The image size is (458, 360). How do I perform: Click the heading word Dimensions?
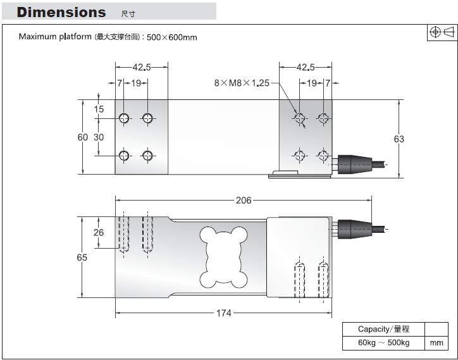tap(61, 13)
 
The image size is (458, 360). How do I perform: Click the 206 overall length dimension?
tap(243, 201)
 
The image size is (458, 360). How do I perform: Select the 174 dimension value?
tap(224, 313)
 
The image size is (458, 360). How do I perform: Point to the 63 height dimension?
tap(399, 139)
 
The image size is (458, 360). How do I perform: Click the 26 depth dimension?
tap(98, 233)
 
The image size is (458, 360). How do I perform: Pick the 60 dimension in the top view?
tap(82, 137)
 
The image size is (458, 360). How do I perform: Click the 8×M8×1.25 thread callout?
tap(242, 82)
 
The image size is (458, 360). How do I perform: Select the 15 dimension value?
tap(99, 109)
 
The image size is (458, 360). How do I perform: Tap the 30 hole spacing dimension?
tap(99, 137)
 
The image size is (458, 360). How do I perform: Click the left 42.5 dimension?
tap(141, 66)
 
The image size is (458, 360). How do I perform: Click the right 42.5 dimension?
tap(306, 66)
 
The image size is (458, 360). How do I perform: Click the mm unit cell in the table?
tap(436, 343)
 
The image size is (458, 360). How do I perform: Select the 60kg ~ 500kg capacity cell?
tap(383, 343)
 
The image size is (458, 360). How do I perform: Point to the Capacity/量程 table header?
tap(383, 329)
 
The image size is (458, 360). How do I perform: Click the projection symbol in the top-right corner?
tap(442, 33)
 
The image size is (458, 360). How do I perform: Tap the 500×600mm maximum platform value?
tap(172, 37)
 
